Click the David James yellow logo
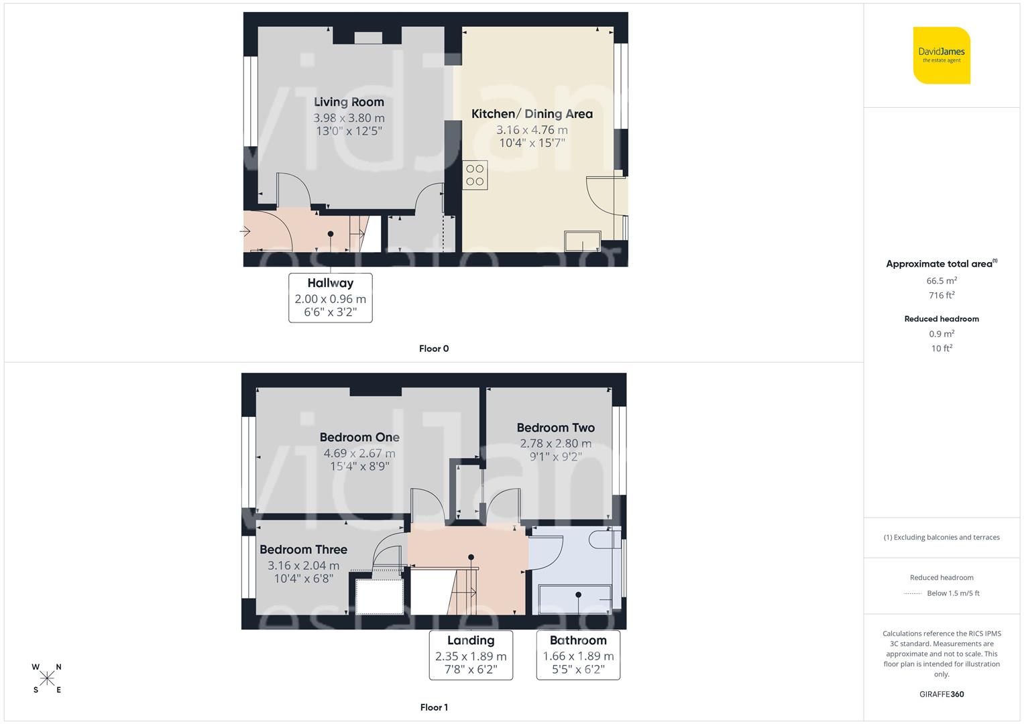(x=942, y=55)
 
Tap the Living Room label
(x=349, y=102)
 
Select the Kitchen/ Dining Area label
(x=532, y=114)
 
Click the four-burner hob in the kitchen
(x=475, y=175)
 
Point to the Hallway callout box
(x=330, y=297)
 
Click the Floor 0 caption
(x=434, y=349)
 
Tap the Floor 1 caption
(x=434, y=707)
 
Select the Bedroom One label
(x=359, y=438)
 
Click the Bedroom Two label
(x=555, y=428)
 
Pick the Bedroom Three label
(x=303, y=550)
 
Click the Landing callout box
(x=471, y=655)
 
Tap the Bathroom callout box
(x=578, y=655)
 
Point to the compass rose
(x=47, y=678)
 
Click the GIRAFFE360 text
(x=942, y=695)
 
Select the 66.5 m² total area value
(x=942, y=281)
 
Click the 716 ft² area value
(x=942, y=295)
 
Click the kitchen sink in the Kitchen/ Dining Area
(x=583, y=241)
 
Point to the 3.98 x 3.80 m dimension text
(x=349, y=118)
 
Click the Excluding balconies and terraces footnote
(x=942, y=537)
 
